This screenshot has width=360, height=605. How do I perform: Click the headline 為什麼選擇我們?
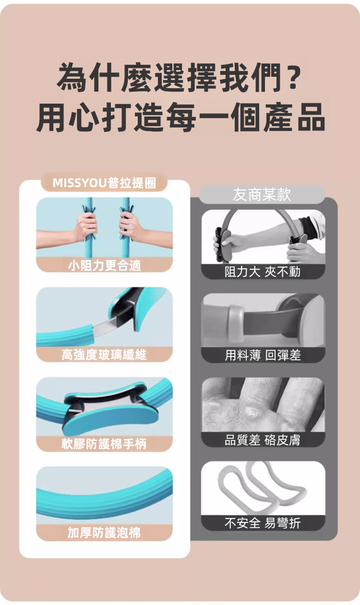[x=179, y=78]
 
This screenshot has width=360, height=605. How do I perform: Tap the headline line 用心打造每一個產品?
[x=180, y=117]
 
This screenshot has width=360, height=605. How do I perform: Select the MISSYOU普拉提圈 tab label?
[x=104, y=183]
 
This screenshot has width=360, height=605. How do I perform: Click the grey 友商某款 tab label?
[x=262, y=194]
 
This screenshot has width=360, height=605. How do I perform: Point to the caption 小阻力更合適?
[x=104, y=265]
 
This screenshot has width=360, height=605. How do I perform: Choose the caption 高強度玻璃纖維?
[x=104, y=355]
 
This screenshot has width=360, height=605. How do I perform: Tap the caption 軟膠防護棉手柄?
[x=104, y=444]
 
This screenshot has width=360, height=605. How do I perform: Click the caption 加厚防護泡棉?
[x=104, y=533]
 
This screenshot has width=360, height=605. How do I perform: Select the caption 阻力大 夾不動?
[x=263, y=272]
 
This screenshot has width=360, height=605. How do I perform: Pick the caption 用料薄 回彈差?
[x=263, y=355]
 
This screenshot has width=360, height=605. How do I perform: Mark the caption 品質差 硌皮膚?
[x=263, y=439]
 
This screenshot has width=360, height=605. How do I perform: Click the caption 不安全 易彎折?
[x=263, y=523]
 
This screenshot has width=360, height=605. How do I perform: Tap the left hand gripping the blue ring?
[x=85, y=227]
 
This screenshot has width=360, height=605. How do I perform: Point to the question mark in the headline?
[x=293, y=77]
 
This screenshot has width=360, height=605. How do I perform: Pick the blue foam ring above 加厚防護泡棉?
[x=104, y=499]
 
